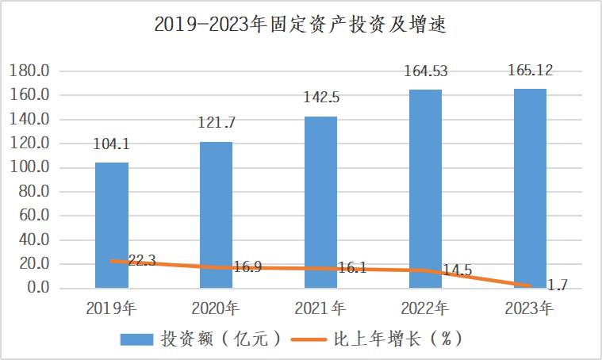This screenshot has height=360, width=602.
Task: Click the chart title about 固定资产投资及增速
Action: (301, 26)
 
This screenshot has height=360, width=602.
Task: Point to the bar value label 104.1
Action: (112, 145)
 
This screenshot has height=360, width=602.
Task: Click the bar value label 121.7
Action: (216, 124)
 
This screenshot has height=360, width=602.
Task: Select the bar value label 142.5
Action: (320, 98)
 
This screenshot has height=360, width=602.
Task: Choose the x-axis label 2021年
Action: (320, 307)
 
